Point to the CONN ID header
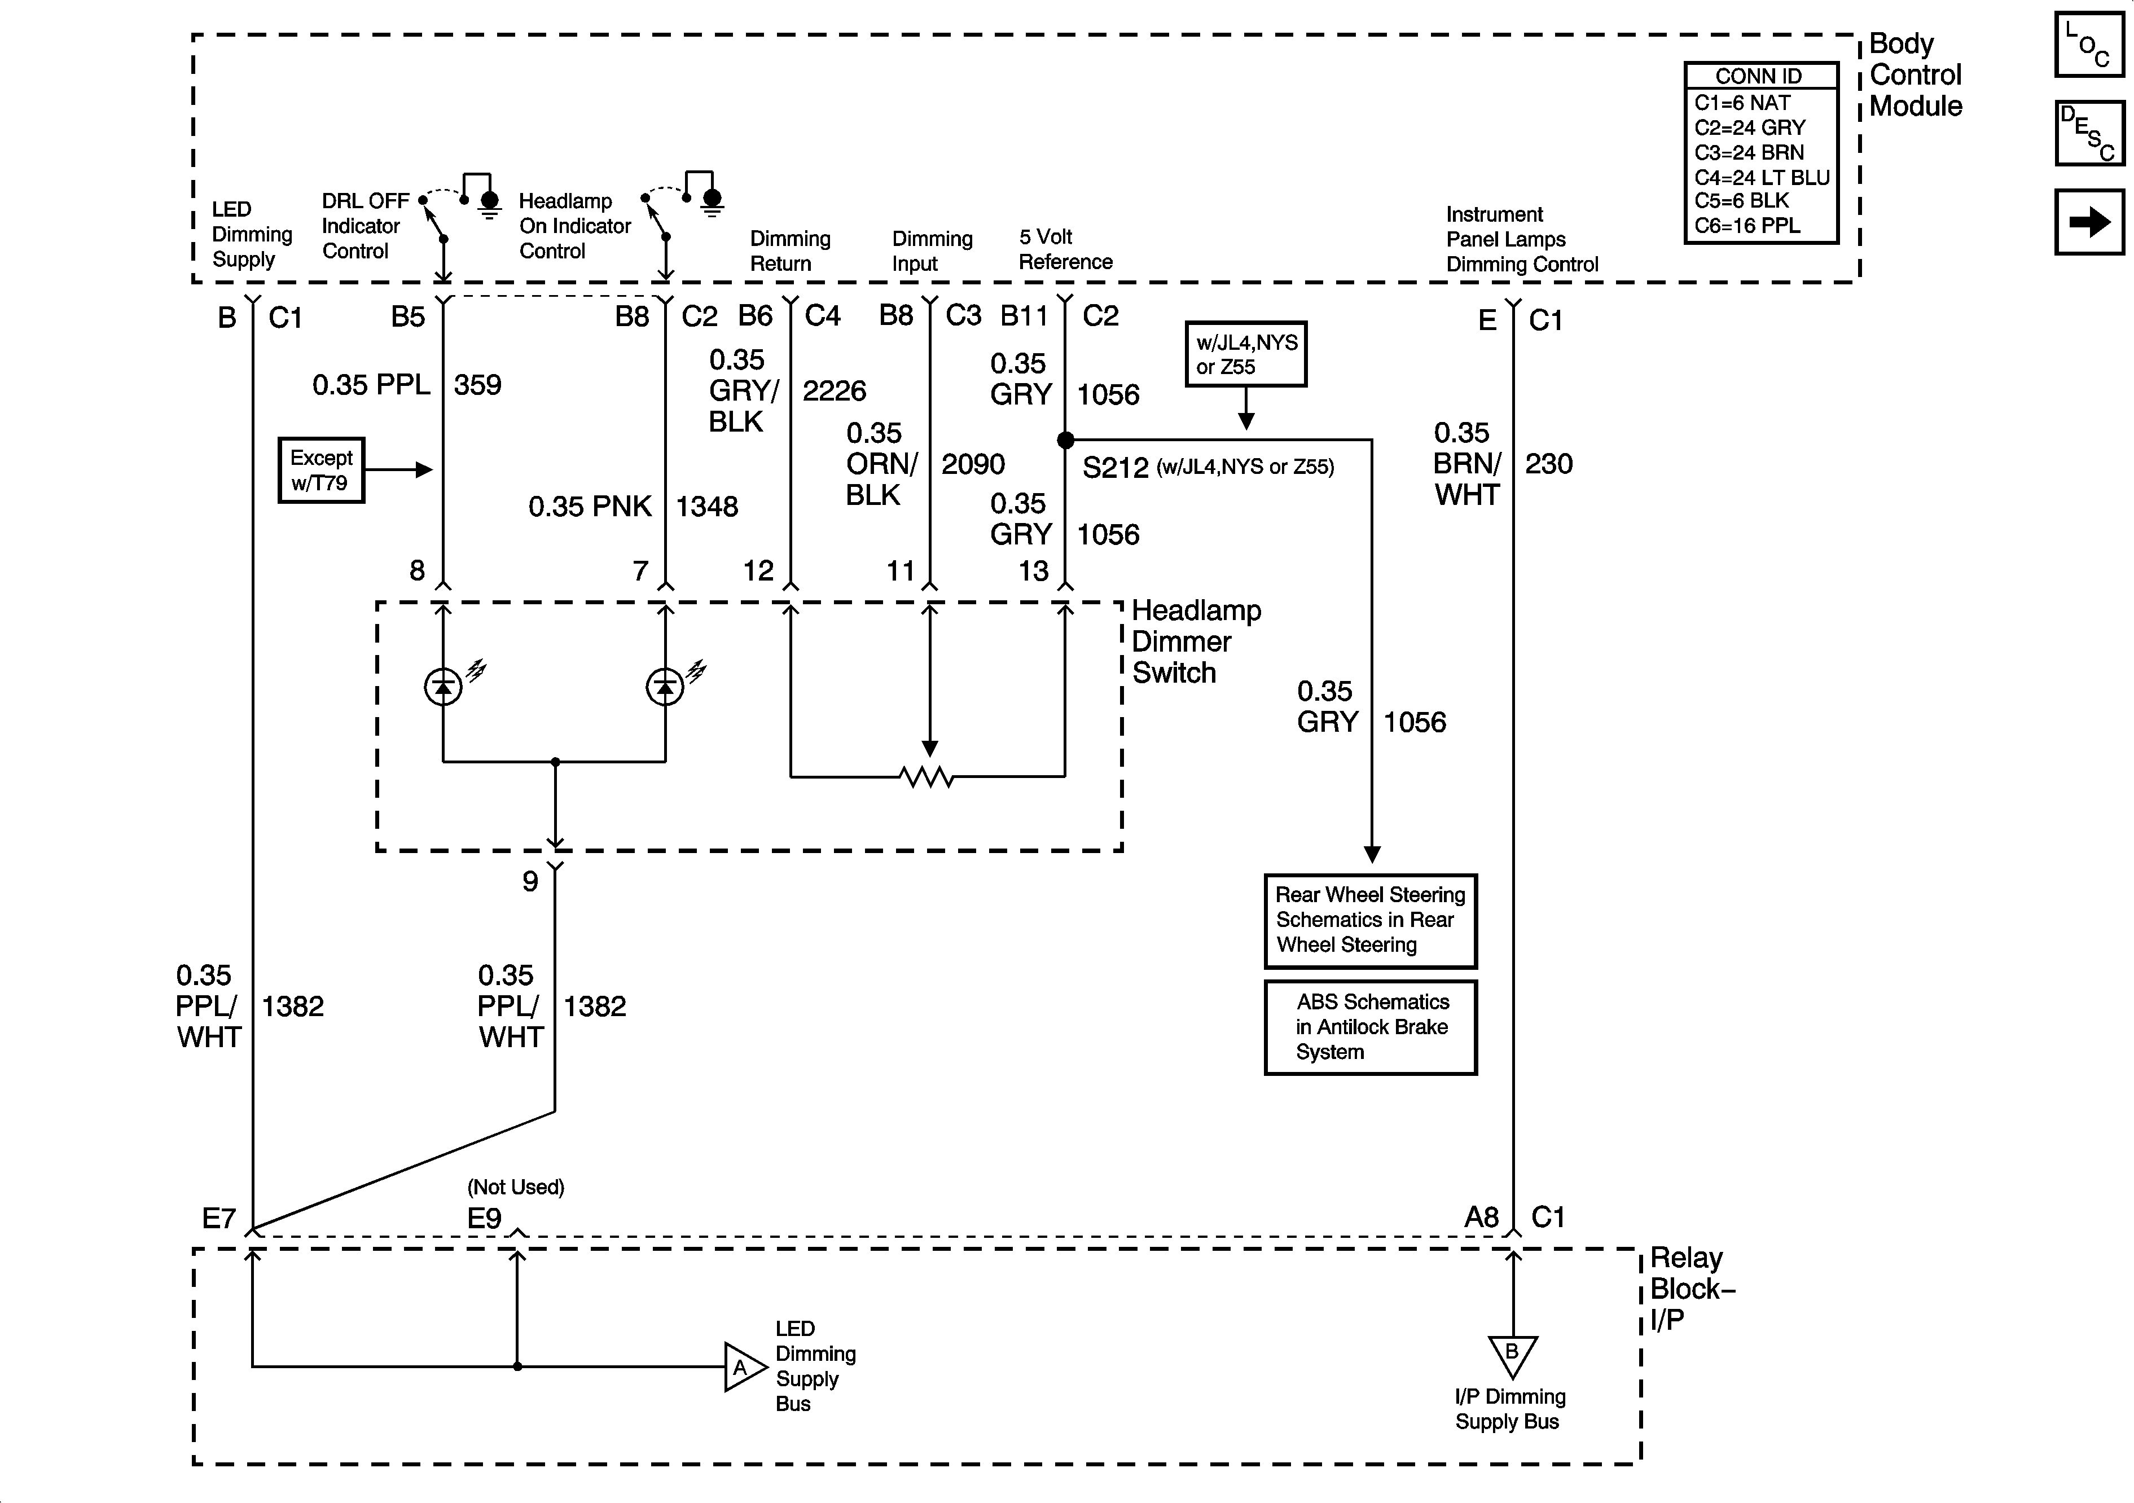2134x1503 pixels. [1759, 76]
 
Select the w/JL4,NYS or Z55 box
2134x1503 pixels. [1245, 354]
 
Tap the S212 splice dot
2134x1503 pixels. [1065, 440]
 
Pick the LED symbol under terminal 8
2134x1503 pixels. [444, 687]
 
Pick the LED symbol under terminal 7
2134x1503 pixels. [665, 687]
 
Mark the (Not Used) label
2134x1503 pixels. [516, 1187]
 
